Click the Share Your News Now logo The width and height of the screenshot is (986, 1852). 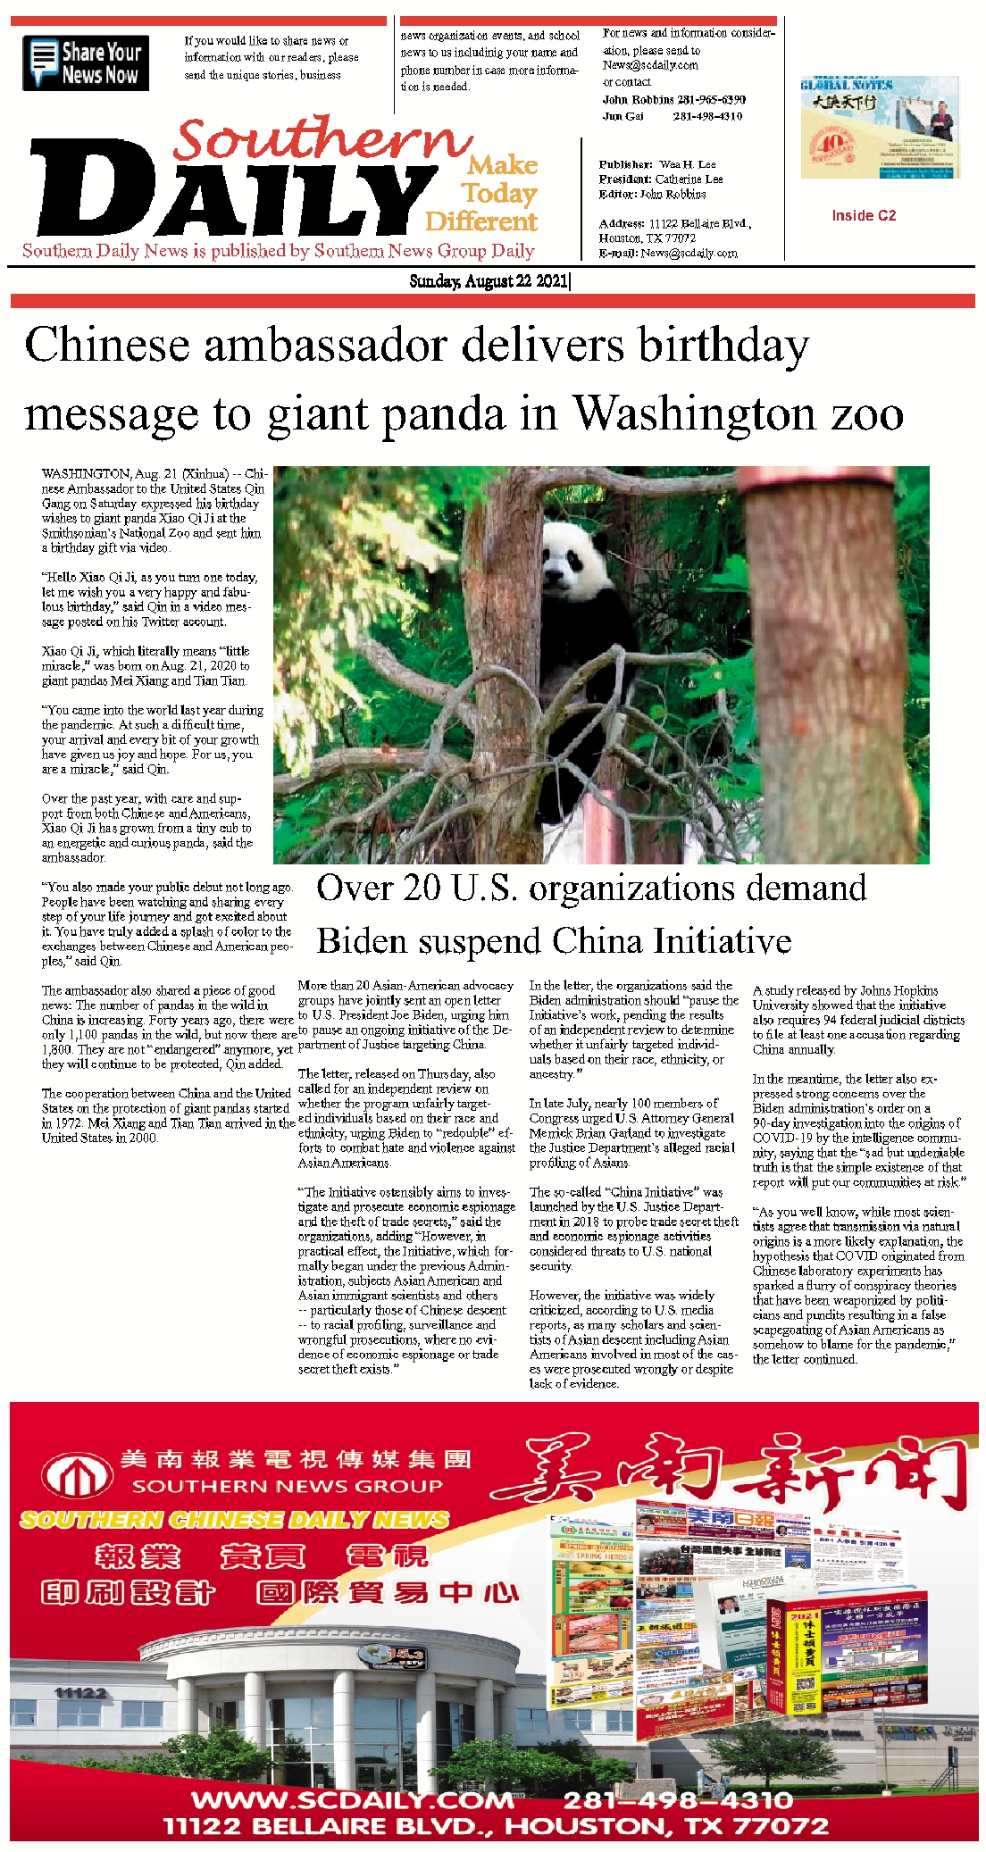click(x=86, y=63)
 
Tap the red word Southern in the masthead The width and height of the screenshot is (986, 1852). click(x=322, y=139)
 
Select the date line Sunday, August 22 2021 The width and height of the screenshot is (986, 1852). click(x=489, y=281)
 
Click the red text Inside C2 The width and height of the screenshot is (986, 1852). click(x=864, y=215)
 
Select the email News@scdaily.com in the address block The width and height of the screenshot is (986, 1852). click(x=689, y=253)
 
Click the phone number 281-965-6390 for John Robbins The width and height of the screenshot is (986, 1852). click(x=711, y=99)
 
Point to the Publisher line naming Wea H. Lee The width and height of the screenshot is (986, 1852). click(x=657, y=164)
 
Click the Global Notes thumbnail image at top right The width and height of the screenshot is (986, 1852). click(x=880, y=128)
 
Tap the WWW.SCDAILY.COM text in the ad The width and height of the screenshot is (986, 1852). click(x=354, y=1798)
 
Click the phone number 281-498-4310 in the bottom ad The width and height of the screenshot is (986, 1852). click(x=678, y=1798)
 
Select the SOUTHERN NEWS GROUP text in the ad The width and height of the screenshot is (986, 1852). click(x=288, y=1486)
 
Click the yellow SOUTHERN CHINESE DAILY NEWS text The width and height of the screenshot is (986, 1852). click(x=234, y=1519)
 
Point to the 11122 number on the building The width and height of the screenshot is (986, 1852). click(x=79, y=1692)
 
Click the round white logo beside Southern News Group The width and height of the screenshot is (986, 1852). click(x=79, y=1474)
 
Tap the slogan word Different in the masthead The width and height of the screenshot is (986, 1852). click(x=481, y=221)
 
